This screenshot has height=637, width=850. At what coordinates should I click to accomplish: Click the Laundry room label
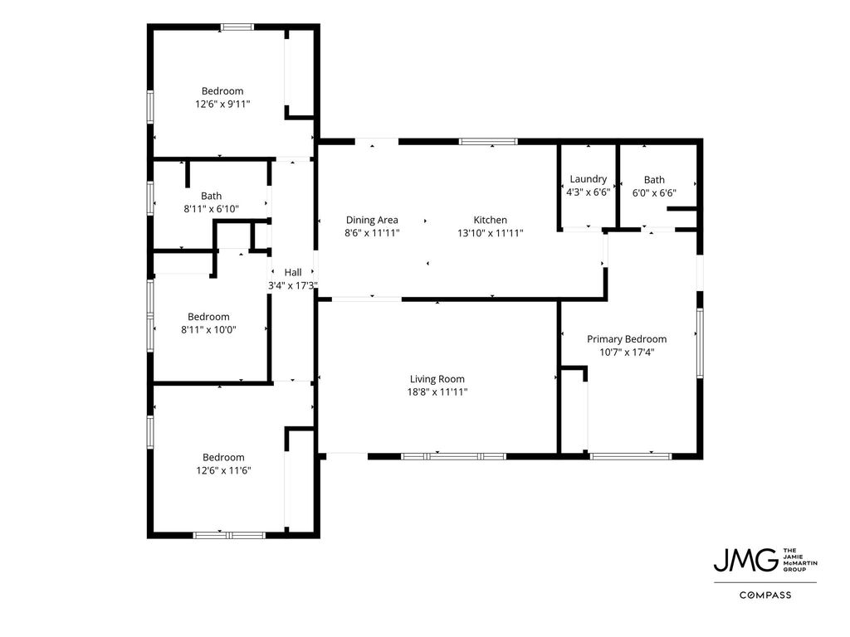(x=589, y=179)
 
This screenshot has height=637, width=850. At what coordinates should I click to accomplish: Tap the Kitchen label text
(x=491, y=220)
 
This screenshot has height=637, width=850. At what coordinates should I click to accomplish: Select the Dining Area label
(x=372, y=220)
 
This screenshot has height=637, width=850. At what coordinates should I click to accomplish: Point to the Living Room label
(x=437, y=379)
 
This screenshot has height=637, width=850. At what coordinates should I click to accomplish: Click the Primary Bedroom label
(x=627, y=339)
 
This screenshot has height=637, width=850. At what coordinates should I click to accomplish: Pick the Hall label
(x=293, y=272)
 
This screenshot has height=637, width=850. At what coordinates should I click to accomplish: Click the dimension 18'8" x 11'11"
(x=437, y=392)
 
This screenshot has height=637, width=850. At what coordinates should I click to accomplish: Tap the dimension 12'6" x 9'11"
(x=222, y=104)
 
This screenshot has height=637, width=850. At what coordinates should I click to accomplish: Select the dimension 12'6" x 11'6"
(x=223, y=470)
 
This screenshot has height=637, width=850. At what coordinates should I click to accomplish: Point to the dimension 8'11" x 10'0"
(x=208, y=329)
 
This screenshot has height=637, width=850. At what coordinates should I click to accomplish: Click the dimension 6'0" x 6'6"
(x=654, y=192)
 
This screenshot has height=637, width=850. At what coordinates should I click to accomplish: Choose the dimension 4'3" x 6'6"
(x=589, y=192)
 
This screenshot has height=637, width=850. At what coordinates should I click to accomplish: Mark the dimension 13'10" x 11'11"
(x=491, y=233)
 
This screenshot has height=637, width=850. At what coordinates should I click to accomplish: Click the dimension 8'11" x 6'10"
(x=212, y=208)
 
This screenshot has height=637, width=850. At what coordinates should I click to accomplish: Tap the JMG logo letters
(x=746, y=560)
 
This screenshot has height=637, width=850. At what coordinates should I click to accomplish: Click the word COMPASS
(x=765, y=595)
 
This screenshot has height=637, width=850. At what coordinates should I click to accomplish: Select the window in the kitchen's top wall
(x=488, y=142)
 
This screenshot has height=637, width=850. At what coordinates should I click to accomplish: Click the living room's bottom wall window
(x=454, y=457)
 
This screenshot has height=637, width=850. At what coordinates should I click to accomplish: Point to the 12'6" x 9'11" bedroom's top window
(x=237, y=27)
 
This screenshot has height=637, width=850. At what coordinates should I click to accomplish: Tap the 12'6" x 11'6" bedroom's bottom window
(x=229, y=535)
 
